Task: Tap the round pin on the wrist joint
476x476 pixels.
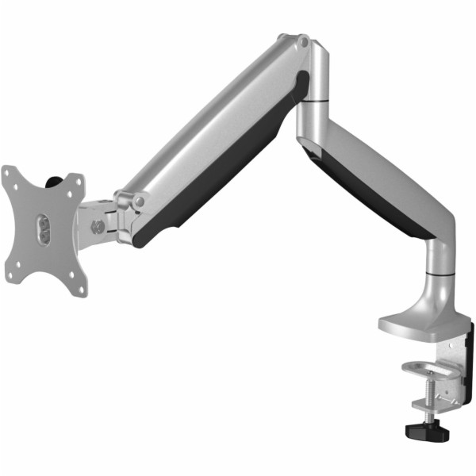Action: [140, 202]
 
